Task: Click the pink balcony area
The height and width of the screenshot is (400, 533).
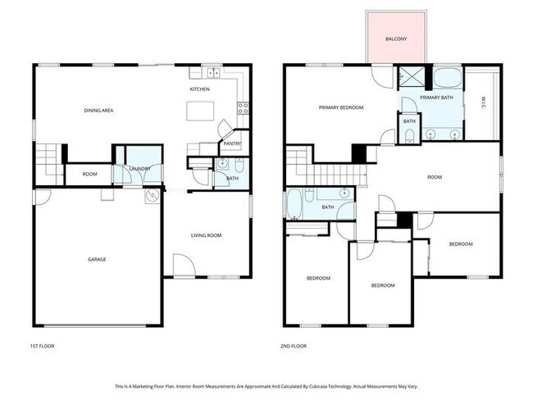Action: coord(395,38)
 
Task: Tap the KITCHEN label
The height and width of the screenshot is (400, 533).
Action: coord(199,89)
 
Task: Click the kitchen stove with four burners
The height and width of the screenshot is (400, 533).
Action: coord(243,107)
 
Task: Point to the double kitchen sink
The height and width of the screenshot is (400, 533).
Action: coord(211,72)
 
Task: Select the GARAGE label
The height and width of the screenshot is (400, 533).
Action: coord(97,260)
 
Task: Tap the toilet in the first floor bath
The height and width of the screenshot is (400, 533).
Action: coord(221,165)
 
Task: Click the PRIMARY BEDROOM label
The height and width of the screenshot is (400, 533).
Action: coord(341,107)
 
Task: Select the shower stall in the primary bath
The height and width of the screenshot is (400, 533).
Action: coord(408,79)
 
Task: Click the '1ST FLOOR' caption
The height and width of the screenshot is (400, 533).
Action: coord(42,346)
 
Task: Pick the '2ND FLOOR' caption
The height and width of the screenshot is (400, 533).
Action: coord(294,346)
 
